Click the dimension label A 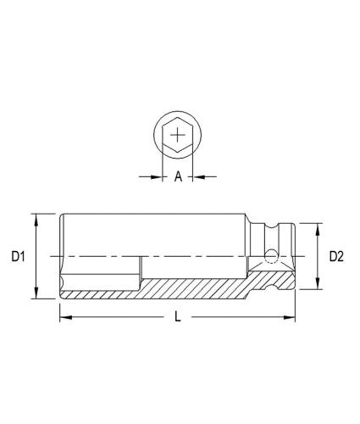(x=178, y=177)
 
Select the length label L (x=177, y=317)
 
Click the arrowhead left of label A (x=158, y=177)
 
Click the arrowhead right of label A (x=197, y=177)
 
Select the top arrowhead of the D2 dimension (x=318, y=227)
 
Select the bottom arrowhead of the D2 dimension (x=318, y=285)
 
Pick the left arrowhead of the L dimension (x=64, y=318)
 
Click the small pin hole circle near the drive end (x=270, y=257)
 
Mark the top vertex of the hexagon (x=177, y=116)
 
